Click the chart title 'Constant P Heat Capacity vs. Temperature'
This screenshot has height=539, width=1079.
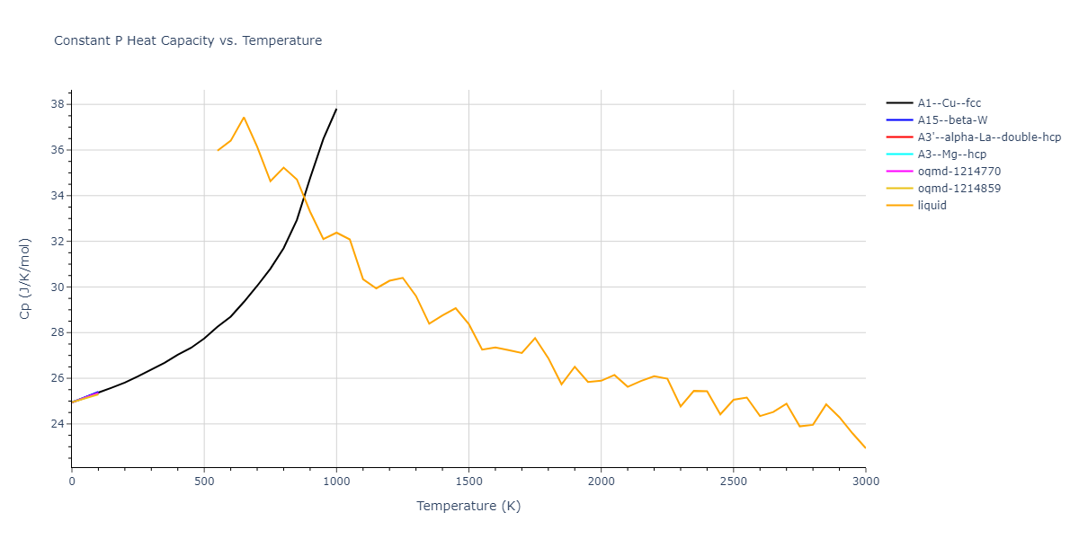pos(188,40)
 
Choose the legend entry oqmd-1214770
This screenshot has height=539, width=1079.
pos(959,172)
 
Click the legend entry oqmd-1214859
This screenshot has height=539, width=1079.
pos(959,189)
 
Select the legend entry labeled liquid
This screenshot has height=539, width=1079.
pos(932,206)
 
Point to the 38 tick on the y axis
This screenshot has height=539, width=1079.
pos(57,104)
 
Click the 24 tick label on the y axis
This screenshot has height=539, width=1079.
pos(57,424)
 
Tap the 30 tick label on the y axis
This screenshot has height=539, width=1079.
pos(57,287)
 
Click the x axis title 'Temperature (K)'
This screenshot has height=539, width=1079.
pos(468,506)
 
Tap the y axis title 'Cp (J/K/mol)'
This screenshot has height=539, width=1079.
pos(24,278)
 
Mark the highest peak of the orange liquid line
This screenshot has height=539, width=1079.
pos(244,118)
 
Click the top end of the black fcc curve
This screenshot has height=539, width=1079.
pos(336,109)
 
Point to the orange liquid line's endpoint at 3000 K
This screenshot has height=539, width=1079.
pos(865,447)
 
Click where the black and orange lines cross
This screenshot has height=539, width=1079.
pos(304,196)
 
